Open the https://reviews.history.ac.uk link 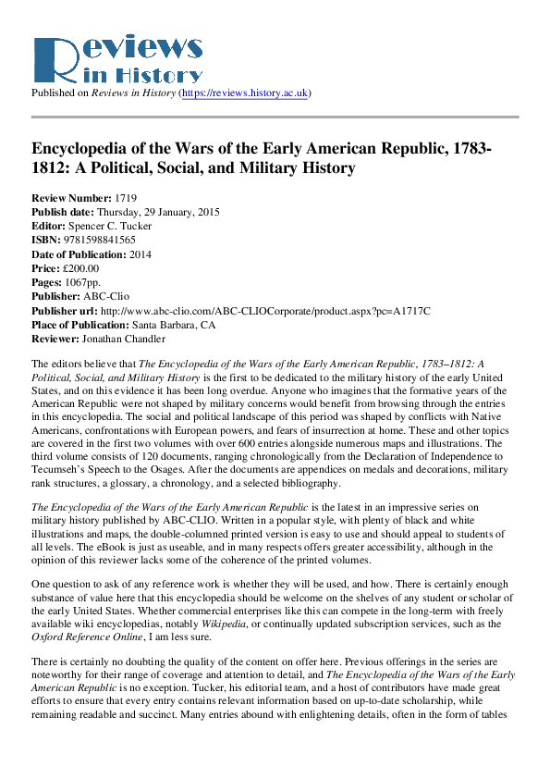click(x=247, y=93)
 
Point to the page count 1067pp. click(x=84, y=281)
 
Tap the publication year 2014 click(x=141, y=253)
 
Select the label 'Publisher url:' click(x=65, y=310)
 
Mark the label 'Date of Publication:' click(x=79, y=253)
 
